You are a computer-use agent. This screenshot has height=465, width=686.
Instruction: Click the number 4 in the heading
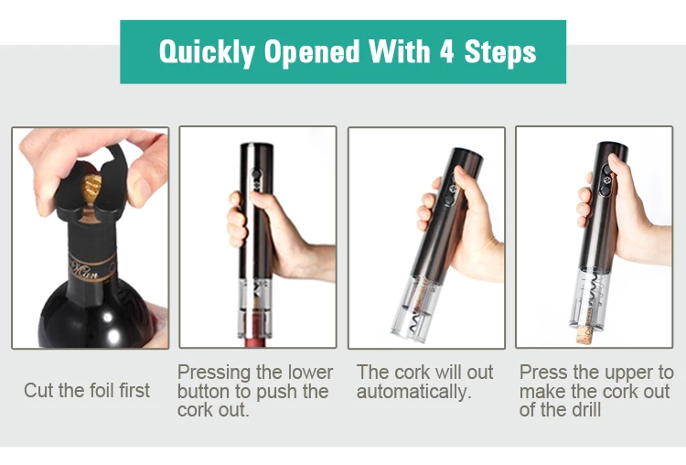pos(446,51)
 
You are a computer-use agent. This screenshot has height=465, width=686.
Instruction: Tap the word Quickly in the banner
pos(206,52)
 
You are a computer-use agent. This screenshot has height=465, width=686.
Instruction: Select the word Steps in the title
pos(500,52)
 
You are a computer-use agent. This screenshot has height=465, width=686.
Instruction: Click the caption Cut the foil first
pos(87,390)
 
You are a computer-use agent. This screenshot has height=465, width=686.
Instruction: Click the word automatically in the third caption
pos(413,391)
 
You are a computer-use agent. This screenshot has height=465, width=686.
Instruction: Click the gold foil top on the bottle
pos(91,189)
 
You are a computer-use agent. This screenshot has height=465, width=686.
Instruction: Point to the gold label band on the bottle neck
pos(91,266)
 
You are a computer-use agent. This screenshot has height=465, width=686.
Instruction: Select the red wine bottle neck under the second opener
pos(255,342)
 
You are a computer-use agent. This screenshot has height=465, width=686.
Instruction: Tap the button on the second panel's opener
pos(254,175)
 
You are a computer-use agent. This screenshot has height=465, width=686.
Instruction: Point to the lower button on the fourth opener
pos(606,191)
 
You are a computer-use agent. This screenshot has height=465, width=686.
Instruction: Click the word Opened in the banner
pos(311,52)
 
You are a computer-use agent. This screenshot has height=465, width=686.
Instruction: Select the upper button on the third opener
pos(453,188)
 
